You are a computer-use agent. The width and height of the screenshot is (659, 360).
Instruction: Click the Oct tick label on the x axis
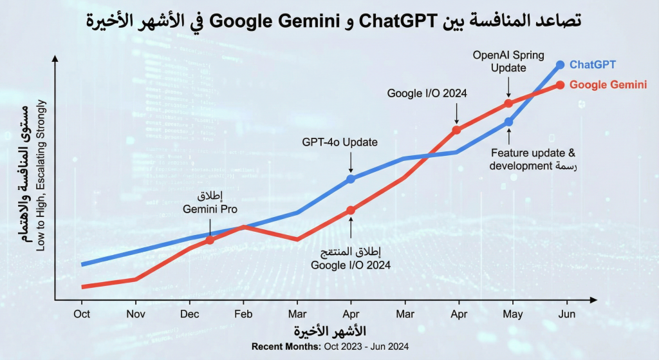click(x=82, y=314)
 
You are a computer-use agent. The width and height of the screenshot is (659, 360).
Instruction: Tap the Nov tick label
click(x=135, y=314)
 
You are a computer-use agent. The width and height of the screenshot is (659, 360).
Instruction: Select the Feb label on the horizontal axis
click(x=243, y=314)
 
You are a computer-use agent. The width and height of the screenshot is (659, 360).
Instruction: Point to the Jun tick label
click(x=567, y=314)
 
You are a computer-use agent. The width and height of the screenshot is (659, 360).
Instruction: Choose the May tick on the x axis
click(x=512, y=314)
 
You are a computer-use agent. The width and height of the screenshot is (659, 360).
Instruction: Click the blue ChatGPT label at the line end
click(x=593, y=64)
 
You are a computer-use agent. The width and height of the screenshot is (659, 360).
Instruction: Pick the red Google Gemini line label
click(x=608, y=84)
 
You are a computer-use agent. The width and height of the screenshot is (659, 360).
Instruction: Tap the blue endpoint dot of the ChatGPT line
click(x=560, y=64)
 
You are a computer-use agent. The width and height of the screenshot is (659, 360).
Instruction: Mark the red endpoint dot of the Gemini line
click(x=560, y=85)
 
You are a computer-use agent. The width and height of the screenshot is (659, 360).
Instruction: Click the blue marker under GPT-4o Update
click(x=351, y=178)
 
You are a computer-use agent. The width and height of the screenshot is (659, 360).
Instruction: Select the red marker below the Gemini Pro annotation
click(x=210, y=240)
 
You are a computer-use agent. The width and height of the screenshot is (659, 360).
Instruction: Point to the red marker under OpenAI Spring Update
click(x=508, y=103)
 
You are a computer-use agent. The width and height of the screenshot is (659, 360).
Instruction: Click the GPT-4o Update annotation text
click(x=340, y=142)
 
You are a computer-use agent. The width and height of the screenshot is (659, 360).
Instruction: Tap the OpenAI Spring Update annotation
click(x=508, y=62)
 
